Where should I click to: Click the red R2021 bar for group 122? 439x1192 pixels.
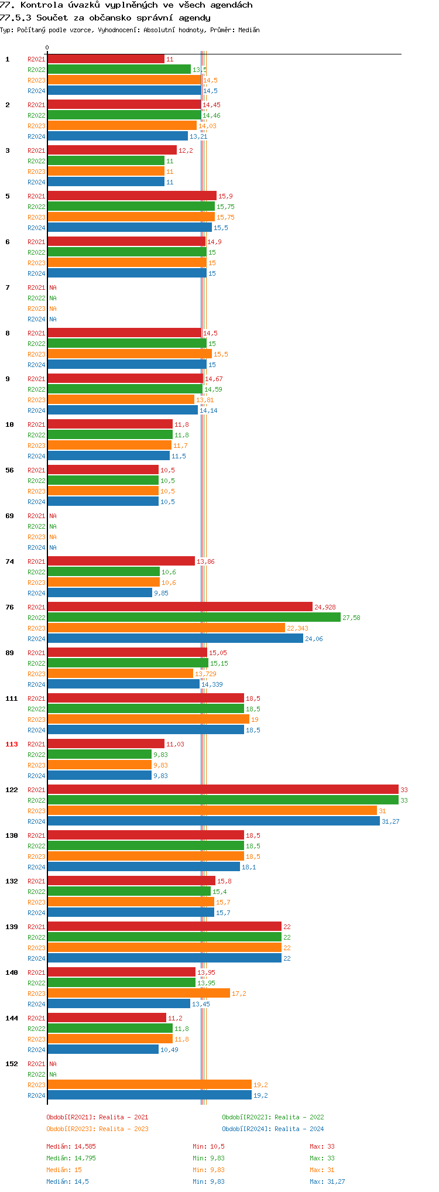222,789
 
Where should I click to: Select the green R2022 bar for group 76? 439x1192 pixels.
194,617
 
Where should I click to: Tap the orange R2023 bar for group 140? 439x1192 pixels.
139,993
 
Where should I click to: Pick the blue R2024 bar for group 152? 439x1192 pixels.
149,1095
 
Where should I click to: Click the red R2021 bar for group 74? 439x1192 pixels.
121,561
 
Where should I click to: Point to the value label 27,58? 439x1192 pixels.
351,618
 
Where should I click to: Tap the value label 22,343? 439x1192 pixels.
297,628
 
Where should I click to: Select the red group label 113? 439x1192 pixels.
12,744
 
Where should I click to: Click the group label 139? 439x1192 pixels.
12,927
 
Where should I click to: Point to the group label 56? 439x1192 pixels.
9,470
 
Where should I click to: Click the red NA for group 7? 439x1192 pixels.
53,287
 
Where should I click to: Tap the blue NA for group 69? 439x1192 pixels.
53,547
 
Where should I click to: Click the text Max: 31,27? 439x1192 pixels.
327,1181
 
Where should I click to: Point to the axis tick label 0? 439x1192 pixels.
47,48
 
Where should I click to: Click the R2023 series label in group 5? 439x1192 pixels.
36,217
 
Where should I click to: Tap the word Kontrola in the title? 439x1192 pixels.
42,5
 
